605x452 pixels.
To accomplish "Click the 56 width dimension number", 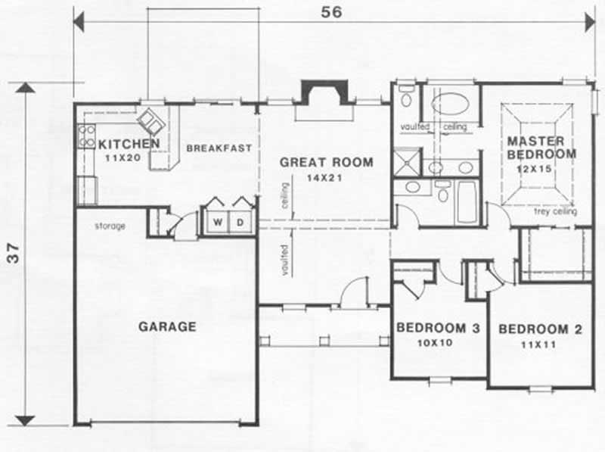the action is pyautogui.click(x=331, y=12).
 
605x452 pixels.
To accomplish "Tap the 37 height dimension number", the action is pyautogui.click(x=14, y=253).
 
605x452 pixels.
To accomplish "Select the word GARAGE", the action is pyautogui.click(x=167, y=327).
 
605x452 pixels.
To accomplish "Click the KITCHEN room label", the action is pyautogui.click(x=129, y=144).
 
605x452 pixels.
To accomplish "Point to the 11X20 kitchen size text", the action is pyautogui.click(x=123, y=157).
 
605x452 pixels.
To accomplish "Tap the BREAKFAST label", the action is pyautogui.click(x=219, y=148).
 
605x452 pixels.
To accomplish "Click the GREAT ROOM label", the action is pyautogui.click(x=327, y=162).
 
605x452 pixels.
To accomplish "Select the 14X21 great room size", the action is pyautogui.click(x=324, y=178).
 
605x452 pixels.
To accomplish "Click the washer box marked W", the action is pyautogui.click(x=218, y=222).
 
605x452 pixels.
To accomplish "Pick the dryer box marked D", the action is pyautogui.click(x=240, y=222).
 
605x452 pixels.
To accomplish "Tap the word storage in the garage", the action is pyautogui.click(x=110, y=226).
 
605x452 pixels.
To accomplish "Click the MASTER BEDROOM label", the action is pyautogui.click(x=541, y=148).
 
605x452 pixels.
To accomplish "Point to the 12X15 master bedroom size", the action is pyautogui.click(x=534, y=169).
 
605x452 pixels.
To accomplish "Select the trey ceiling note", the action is pyautogui.click(x=555, y=211).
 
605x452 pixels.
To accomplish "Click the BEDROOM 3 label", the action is pyautogui.click(x=438, y=328).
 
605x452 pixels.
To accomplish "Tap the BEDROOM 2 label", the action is pyautogui.click(x=540, y=329).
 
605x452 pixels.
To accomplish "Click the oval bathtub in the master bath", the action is pyautogui.click(x=450, y=104).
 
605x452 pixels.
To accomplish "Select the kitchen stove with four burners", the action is pyautogui.click(x=86, y=137).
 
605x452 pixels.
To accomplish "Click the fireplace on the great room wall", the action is pyautogui.click(x=324, y=92).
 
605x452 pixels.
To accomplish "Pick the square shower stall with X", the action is pyautogui.click(x=407, y=162).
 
